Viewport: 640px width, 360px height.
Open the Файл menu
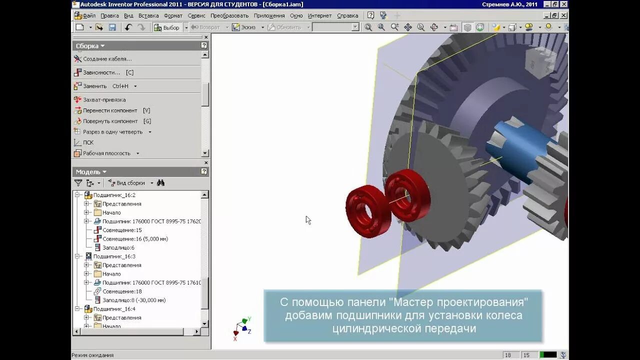pyautogui.click(x=89, y=15)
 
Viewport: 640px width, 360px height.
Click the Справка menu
pyautogui.click(x=347, y=15)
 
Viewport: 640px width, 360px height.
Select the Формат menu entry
pyautogui.click(x=173, y=15)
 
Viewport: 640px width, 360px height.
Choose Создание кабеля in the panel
pyautogui.click(x=107, y=59)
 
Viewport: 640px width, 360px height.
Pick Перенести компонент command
pyautogui.click(x=110, y=110)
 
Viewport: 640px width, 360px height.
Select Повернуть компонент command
pyautogui.click(x=110, y=121)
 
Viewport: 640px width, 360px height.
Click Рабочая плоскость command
pyautogui.click(x=106, y=153)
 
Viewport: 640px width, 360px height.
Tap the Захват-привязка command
pyautogui.click(x=104, y=99)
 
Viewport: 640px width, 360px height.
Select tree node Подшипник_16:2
pyautogui.click(x=114, y=195)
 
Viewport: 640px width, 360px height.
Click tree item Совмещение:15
pyautogui.click(x=122, y=230)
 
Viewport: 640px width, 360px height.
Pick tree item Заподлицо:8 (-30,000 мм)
pyautogui.click(x=134, y=300)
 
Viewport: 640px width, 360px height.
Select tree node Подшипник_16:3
pyautogui.click(x=114, y=256)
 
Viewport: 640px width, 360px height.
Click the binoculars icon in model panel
pyautogui.click(x=160, y=183)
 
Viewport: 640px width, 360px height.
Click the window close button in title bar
pyautogui.click(x=563, y=4)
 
